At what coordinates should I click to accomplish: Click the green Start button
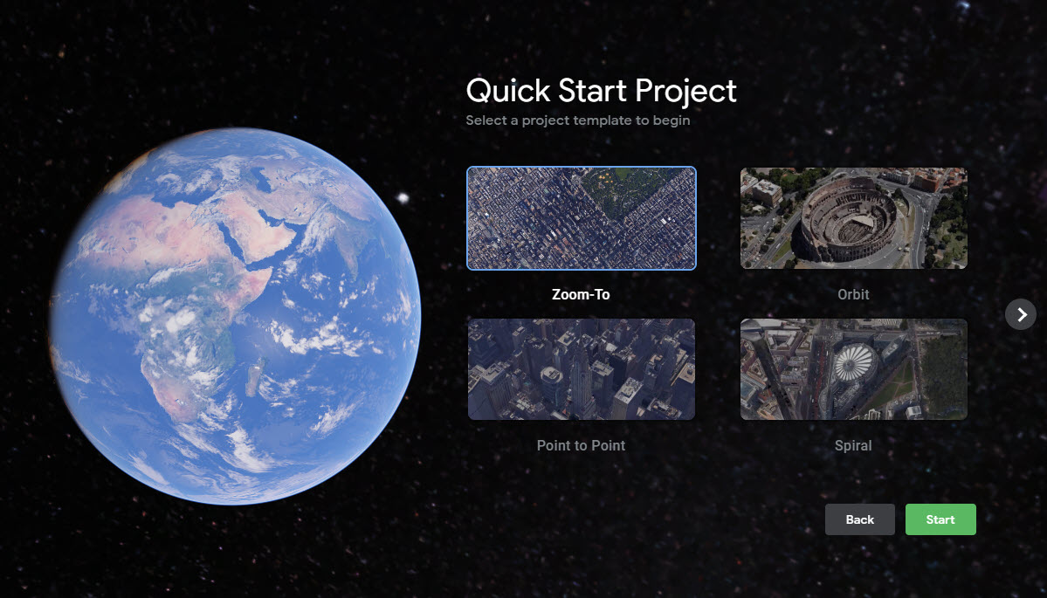pyautogui.click(x=940, y=519)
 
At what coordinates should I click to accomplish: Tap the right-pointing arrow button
pyautogui.click(x=1021, y=314)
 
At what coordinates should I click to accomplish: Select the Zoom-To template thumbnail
pyautogui.click(x=581, y=218)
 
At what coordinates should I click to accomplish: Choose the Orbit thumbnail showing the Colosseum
pyautogui.click(x=853, y=218)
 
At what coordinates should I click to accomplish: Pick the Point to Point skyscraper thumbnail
pyautogui.click(x=581, y=369)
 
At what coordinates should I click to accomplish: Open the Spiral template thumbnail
pyautogui.click(x=853, y=369)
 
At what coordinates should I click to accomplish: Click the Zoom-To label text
pyautogui.click(x=581, y=294)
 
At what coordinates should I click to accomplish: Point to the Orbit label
pyautogui.click(x=853, y=294)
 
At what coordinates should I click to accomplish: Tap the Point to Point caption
pyautogui.click(x=581, y=445)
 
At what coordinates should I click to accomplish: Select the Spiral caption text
pyautogui.click(x=853, y=445)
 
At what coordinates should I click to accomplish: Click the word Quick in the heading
pyautogui.click(x=509, y=91)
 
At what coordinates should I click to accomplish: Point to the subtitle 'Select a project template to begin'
pyautogui.click(x=577, y=120)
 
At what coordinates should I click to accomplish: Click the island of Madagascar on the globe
pyautogui.click(x=254, y=377)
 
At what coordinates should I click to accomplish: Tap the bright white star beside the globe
pyautogui.click(x=403, y=197)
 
